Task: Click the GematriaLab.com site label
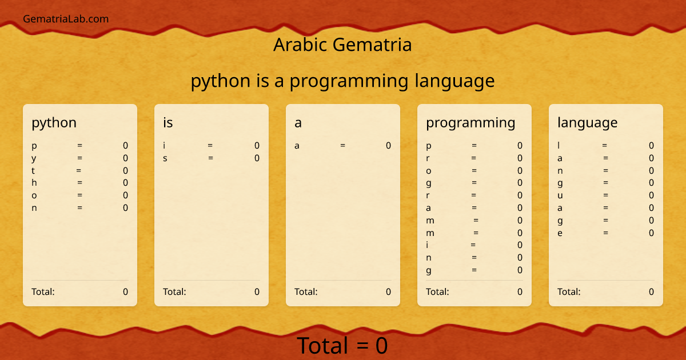coord(66,19)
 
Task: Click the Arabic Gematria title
coord(342,45)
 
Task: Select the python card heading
coord(54,122)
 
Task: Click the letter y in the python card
coord(34,158)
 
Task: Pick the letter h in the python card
coord(34,183)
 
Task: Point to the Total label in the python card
coord(43,291)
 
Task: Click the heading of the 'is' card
coord(168,122)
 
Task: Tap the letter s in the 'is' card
coord(165,158)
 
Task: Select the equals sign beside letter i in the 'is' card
coord(210,146)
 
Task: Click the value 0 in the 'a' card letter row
coord(388,146)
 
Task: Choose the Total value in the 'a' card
coord(388,291)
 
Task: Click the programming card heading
coord(470,122)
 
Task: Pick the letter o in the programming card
coord(429,170)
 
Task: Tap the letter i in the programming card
coord(428,245)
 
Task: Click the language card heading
coord(587,122)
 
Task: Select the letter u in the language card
coord(560,195)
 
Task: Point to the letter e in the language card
coord(560,233)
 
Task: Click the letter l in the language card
coord(559,146)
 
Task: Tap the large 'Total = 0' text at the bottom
coord(342,346)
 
